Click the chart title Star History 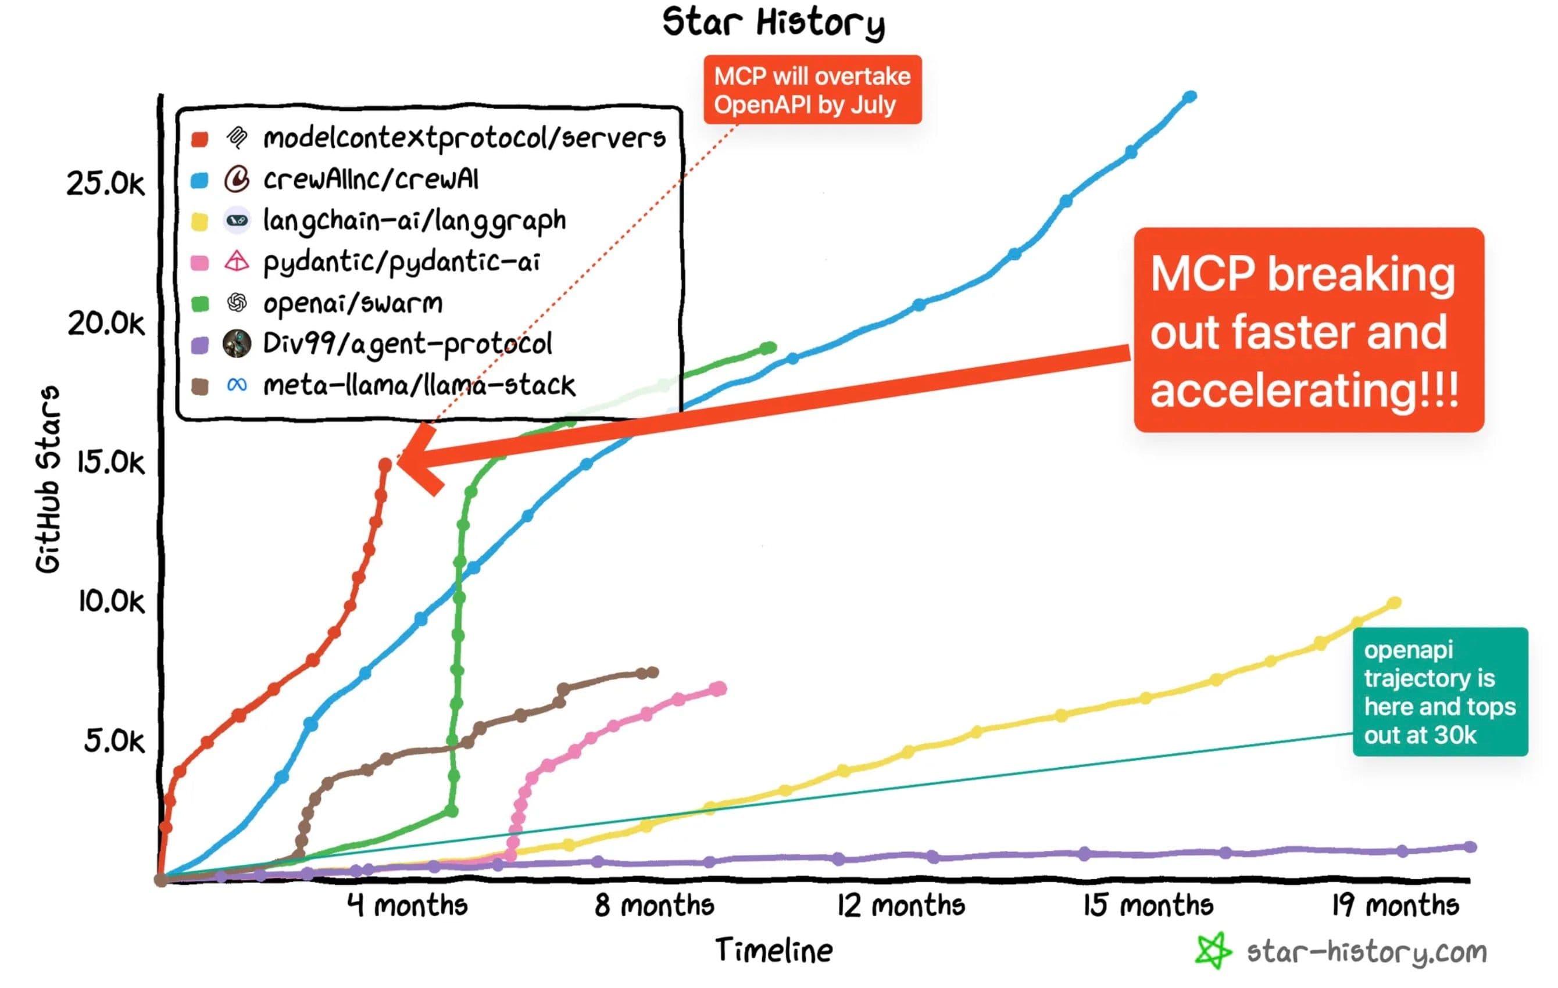pos(773,23)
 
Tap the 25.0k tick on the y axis pos(105,184)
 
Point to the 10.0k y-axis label pos(111,602)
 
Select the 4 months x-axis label pos(407,904)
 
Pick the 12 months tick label pos(900,904)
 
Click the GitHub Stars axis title pos(48,479)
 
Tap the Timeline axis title pos(774,950)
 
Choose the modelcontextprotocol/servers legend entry pos(464,138)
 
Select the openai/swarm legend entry pos(353,303)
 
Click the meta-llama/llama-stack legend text pos(419,386)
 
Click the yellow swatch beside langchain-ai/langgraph pos(199,222)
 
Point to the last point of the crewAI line pos(1190,97)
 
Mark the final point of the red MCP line pos(385,464)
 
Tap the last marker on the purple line pos(1470,847)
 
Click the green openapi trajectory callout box pos(1439,692)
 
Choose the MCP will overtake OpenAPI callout pos(812,90)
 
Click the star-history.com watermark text pos(1367,952)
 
